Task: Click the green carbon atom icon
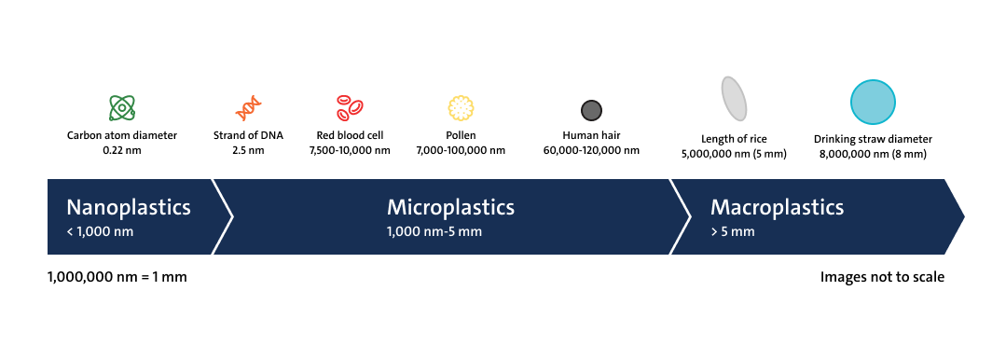click(122, 107)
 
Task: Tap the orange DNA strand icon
click(249, 108)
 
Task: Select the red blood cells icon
click(350, 107)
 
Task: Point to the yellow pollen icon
click(461, 108)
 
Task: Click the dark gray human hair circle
click(591, 111)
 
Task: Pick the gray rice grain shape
click(734, 99)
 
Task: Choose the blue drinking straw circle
click(873, 102)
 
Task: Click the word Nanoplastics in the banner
click(129, 208)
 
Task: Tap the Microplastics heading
click(450, 208)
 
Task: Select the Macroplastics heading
click(777, 208)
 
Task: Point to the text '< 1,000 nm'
click(100, 231)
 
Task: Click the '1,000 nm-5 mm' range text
click(434, 231)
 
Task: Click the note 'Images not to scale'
click(882, 277)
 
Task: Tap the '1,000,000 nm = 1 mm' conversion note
click(117, 277)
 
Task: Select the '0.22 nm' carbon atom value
click(122, 150)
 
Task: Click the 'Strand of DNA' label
click(249, 135)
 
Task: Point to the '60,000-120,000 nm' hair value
click(591, 150)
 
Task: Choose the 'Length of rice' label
click(734, 139)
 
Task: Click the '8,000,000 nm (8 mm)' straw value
click(873, 154)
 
